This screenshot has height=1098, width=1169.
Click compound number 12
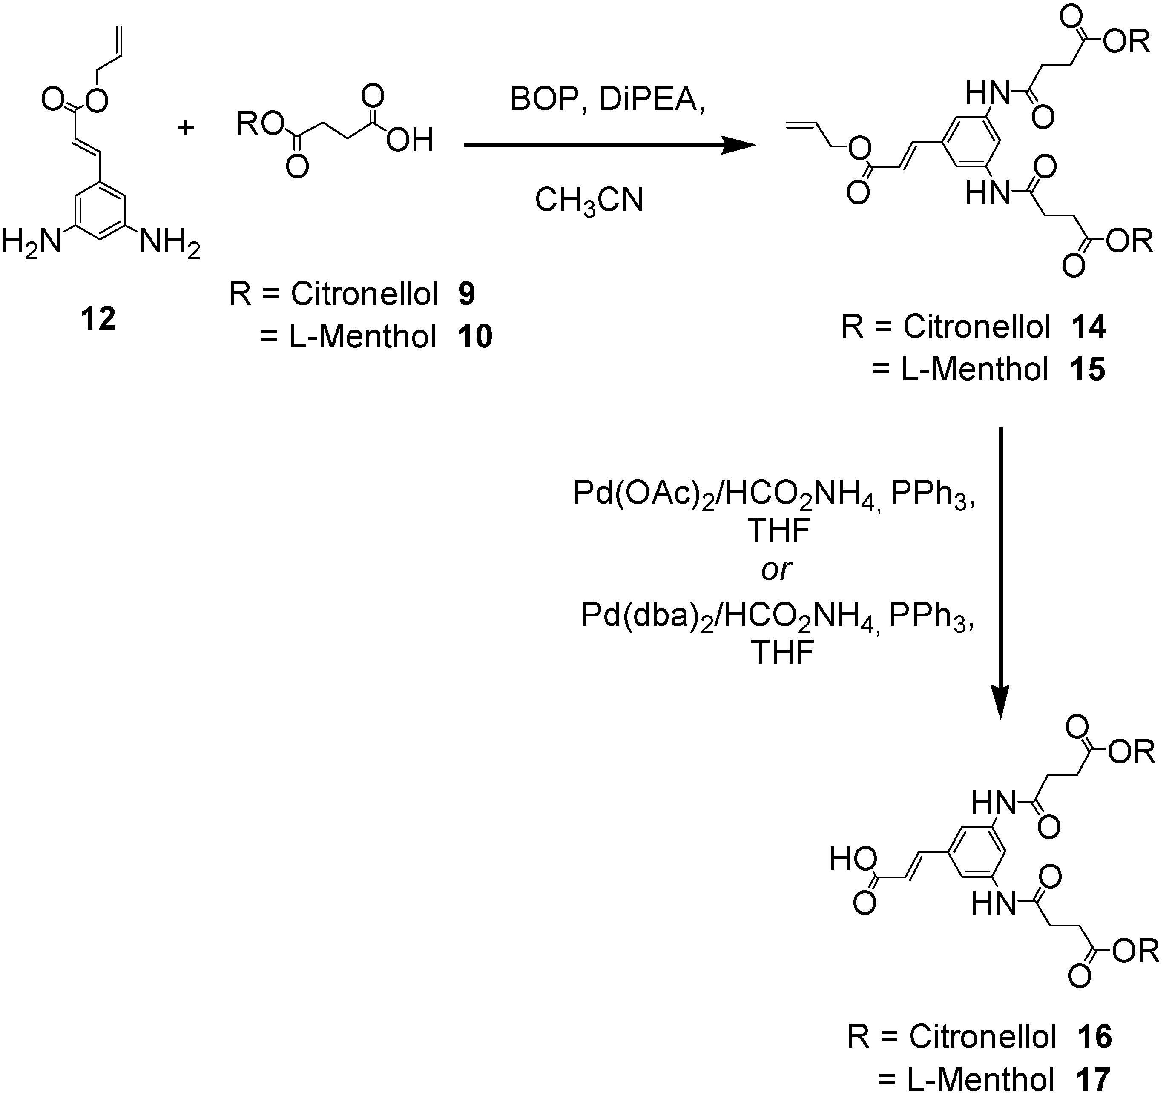tap(98, 320)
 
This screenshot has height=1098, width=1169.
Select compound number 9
tap(466, 293)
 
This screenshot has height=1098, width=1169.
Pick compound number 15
tap(1088, 370)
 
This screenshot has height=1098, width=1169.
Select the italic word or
tap(776, 570)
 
